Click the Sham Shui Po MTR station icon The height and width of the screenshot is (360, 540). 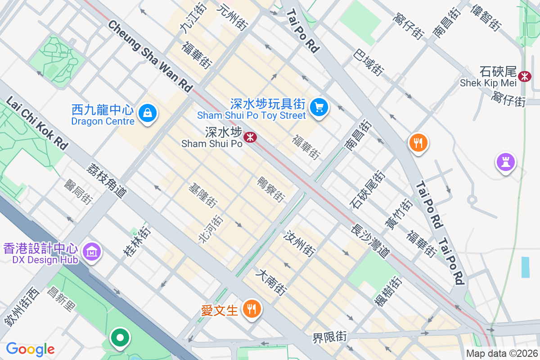(250, 137)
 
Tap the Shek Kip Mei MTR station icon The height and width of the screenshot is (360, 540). (524, 76)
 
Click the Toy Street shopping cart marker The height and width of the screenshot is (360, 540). (319, 108)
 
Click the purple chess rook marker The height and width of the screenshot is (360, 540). (505, 162)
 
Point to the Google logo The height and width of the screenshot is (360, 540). (30, 349)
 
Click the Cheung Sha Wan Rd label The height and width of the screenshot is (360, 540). (150, 56)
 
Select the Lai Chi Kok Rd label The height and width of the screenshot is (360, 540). (38, 121)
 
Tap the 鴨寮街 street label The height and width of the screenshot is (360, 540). (271, 189)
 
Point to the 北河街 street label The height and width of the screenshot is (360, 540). (211, 229)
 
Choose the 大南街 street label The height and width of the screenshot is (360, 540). (271, 283)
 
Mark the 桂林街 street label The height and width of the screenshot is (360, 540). (136, 242)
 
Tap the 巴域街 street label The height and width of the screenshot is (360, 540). (369, 62)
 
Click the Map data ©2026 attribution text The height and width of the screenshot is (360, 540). (501, 353)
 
